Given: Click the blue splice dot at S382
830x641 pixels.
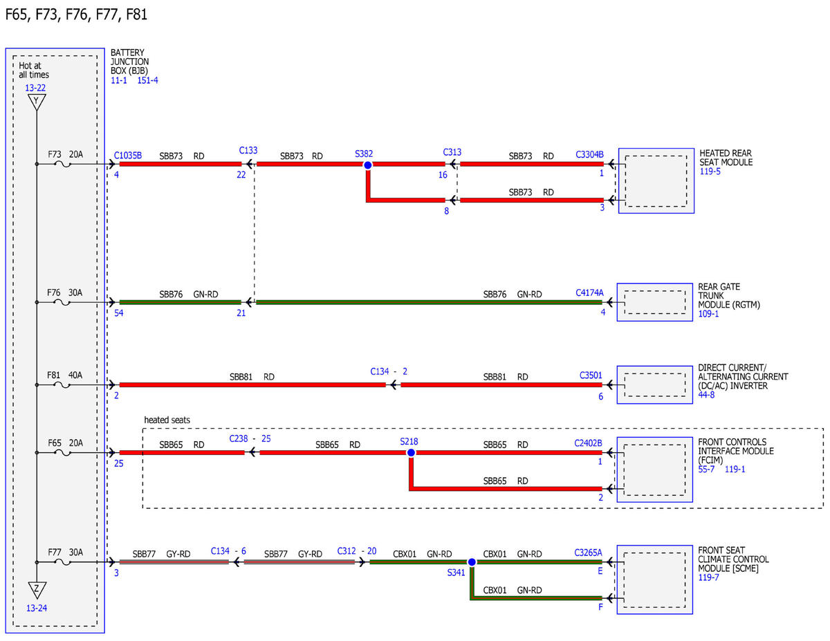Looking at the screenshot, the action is click(x=367, y=165).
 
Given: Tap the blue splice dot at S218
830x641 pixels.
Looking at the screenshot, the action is click(x=411, y=453).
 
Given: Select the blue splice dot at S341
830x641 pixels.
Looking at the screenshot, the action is click(x=472, y=562).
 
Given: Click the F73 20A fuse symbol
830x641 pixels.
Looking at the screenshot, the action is click(x=63, y=164).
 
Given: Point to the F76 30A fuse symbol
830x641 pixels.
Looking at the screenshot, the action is click(x=62, y=302).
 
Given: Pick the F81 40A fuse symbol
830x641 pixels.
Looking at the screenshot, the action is click(x=62, y=385).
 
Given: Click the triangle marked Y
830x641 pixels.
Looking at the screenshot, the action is click(x=37, y=102).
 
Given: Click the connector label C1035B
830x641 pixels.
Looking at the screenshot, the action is click(x=128, y=156).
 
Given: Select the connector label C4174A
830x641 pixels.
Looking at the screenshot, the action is click(x=589, y=292).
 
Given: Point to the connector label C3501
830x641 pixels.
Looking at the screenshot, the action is click(x=591, y=375).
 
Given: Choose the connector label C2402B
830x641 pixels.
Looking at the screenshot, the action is click(x=588, y=443).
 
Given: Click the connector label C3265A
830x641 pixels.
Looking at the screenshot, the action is click(x=588, y=552).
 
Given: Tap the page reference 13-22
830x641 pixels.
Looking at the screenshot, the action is click(x=35, y=88).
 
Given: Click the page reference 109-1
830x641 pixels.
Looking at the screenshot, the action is click(x=708, y=314).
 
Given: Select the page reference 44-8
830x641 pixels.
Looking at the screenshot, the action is click(x=706, y=395).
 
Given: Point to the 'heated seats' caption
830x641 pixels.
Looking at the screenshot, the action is click(x=167, y=420).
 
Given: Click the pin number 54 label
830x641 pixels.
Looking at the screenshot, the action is click(x=119, y=313).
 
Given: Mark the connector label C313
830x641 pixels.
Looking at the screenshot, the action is click(x=452, y=152).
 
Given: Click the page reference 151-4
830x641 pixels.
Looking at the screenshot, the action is click(x=147, y=80).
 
